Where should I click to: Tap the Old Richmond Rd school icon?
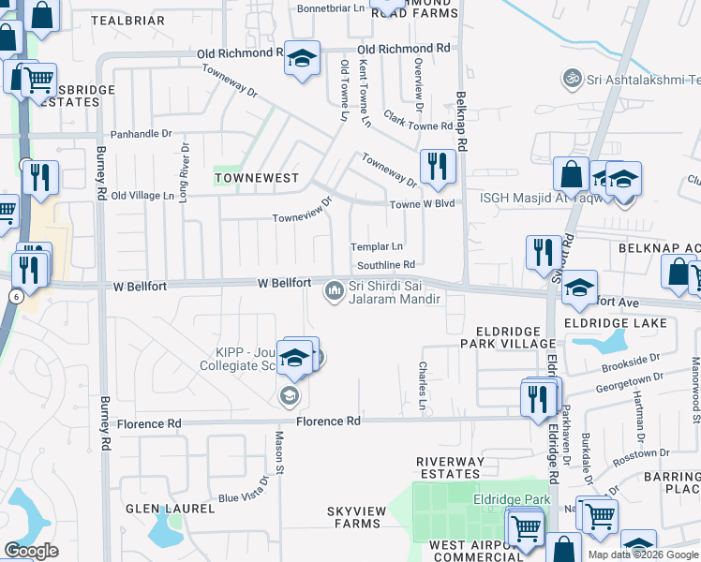[302, 59]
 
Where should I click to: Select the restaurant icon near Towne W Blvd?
[438, 168]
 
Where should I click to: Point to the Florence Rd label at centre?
[329, 421]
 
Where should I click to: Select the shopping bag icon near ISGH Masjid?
[570, 174]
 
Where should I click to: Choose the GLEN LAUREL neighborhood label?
[165, 509]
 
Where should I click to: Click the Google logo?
[31, 551]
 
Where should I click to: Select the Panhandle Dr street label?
[142, 134]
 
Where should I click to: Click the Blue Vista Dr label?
[245, 491]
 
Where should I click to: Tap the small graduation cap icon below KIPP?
[289, 396]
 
